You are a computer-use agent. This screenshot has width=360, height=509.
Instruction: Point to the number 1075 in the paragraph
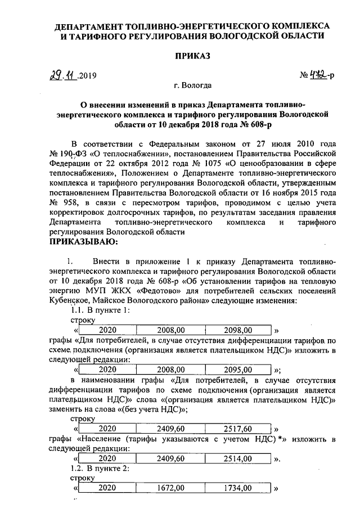coord(203,163)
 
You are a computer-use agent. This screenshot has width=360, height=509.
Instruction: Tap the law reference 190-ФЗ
coord(79,153)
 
